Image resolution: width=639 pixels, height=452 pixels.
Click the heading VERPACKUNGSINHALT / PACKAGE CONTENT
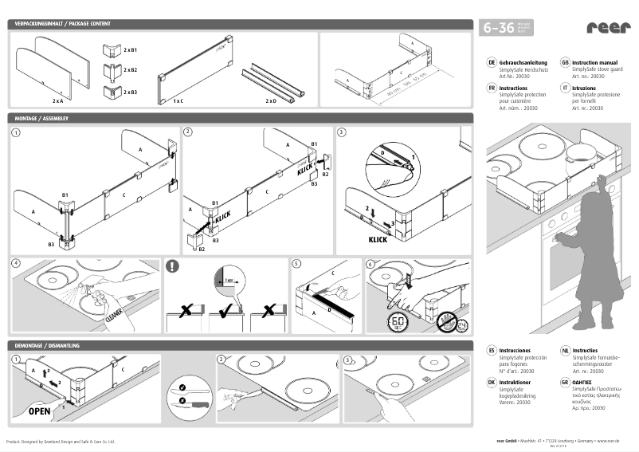coord(61,25)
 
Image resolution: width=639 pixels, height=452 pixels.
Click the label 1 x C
coord(178,101)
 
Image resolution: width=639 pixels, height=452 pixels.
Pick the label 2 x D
coord(271,101)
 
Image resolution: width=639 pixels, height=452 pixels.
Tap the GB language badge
coord(564,61)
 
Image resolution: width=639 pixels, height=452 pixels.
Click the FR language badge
coord(491,88)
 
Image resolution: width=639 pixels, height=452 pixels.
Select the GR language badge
coord(564,382)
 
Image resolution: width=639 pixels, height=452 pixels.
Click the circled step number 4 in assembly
coord(16,263)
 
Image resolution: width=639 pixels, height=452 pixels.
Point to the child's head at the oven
coord(597,184)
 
